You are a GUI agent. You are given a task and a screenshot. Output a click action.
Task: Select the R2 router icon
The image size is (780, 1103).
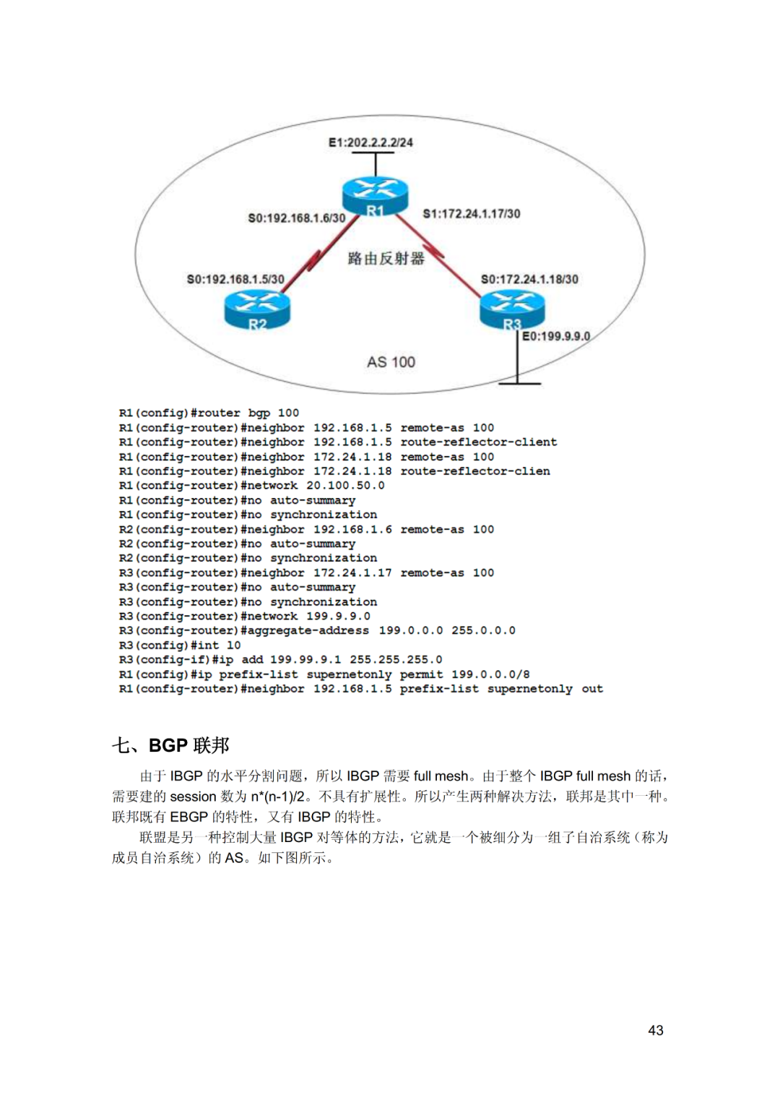257,310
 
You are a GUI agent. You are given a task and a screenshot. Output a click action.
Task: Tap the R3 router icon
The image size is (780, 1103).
512,310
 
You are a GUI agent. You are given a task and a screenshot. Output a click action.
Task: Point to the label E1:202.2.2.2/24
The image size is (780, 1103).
370,143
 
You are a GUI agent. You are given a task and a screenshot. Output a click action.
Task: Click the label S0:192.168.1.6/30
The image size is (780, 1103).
296,218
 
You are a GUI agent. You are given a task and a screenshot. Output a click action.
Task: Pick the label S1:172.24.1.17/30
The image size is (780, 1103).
472,214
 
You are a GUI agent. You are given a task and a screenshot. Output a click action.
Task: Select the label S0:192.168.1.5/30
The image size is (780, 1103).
235,279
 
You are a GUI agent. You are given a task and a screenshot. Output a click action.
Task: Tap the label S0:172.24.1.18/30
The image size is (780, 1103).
529,279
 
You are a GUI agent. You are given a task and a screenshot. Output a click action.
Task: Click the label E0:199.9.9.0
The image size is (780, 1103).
556,336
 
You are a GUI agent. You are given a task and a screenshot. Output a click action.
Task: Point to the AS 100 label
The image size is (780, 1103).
391,362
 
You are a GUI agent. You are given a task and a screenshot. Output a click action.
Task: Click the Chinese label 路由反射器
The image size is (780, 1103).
386,259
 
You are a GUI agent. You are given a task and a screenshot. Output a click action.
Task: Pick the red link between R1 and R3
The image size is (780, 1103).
437,255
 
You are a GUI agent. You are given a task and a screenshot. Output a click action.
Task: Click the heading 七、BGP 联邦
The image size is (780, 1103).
170,745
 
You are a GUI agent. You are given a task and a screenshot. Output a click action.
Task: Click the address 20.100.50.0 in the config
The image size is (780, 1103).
345,486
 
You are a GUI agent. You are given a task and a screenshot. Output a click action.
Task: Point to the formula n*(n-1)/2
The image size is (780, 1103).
278,797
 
